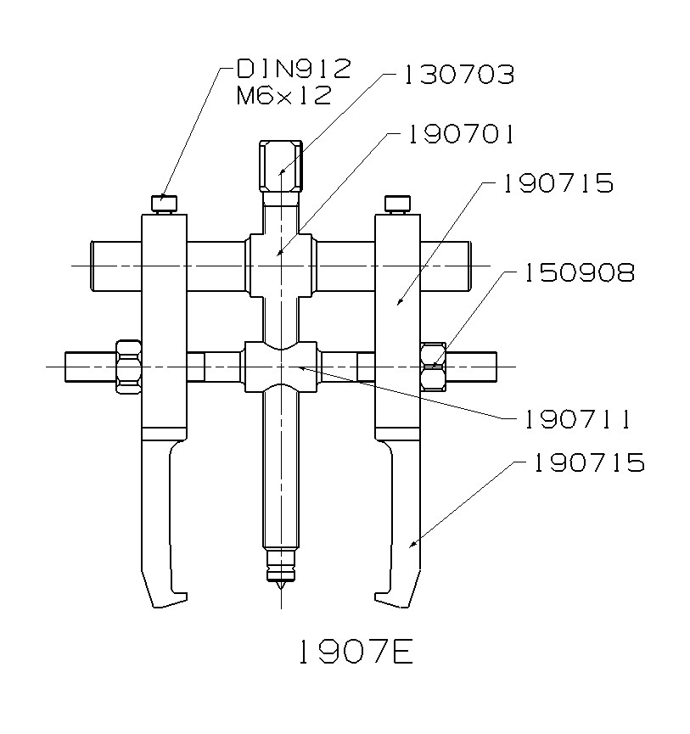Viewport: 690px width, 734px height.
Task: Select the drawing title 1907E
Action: click(354, 652)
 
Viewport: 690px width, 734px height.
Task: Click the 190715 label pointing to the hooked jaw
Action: click(588, 462)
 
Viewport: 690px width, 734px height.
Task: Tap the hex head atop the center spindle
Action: click(280, 165)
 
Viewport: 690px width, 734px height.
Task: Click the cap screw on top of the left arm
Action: click(164, 204)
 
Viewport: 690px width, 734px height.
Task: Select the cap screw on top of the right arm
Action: click(396, 204)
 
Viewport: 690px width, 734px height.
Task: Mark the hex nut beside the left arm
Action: click(127, 366)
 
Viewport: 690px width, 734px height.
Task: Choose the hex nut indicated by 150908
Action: click(433, 366)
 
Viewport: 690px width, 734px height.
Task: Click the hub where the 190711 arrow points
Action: click(280, 366)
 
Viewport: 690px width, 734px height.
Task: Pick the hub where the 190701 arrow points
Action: click(280, 255)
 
